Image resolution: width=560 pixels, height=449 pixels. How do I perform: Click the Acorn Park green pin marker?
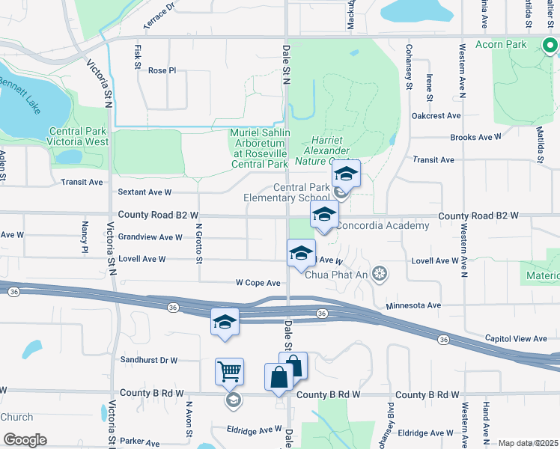[550, 46]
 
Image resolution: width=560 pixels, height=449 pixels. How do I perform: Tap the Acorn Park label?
[506, 44]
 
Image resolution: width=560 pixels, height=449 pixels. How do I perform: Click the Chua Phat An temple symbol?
[380, 273]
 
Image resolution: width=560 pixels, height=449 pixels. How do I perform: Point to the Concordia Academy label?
[382, 226]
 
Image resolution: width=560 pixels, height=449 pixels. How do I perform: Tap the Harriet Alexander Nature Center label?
[335, 150]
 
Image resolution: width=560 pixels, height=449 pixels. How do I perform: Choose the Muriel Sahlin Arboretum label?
[258, 148]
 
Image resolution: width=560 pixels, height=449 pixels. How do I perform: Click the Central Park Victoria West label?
[77, 136]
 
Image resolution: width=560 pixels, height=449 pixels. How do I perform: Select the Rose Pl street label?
[161, 70]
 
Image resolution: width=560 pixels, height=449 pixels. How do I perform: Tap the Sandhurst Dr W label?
[148, 360]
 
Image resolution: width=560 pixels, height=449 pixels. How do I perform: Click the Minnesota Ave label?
[413, 305]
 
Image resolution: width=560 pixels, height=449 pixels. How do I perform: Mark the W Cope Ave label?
[258, 283]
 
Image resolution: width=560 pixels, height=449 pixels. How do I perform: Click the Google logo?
[25, 439]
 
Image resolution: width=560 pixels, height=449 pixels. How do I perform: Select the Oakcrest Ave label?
[436, 116]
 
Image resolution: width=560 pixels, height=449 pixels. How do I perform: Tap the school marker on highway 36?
[225, 323]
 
